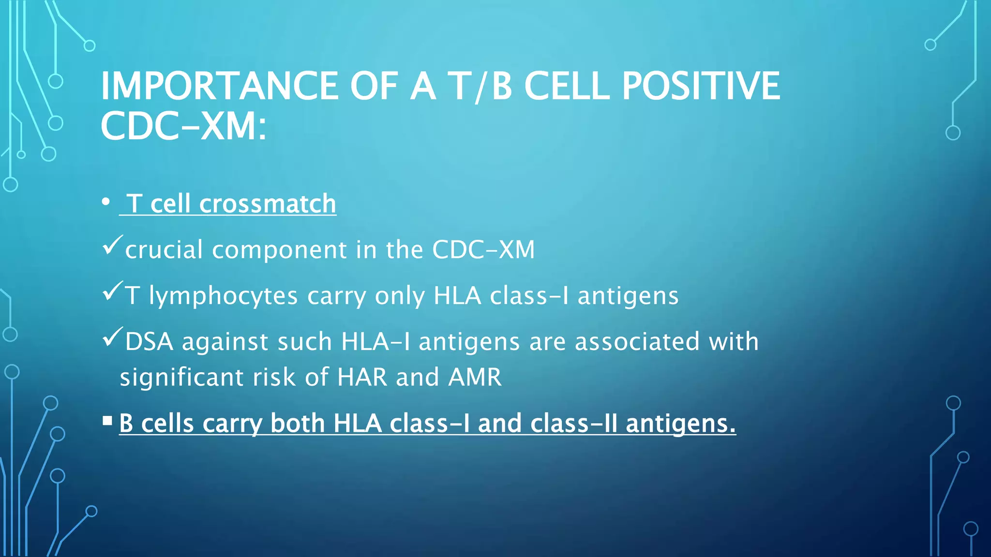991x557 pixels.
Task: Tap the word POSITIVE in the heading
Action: pos(701,86)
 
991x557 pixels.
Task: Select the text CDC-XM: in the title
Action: pos(183,126)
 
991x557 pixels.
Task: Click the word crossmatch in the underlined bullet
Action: pos(268,204)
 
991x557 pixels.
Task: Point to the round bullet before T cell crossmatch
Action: pos(106,203)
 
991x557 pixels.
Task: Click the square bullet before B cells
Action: pos(107,421)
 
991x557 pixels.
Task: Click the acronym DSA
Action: pos(149,341)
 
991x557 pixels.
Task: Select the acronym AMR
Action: pos(475,377)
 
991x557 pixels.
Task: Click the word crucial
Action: pos(164,250)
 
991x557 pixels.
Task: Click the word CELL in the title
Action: pos(567,86)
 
